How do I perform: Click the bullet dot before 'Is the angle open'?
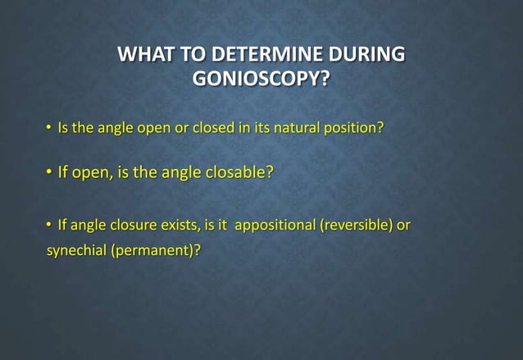tap(48, 129)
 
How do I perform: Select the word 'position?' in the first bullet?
tap(355, 129)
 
